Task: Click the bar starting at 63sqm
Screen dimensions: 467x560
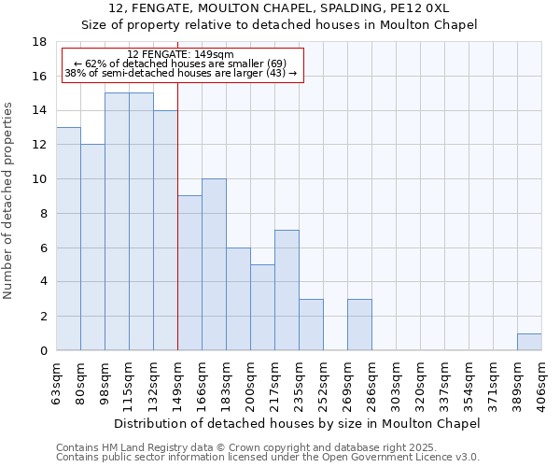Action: click(x=68, y=239)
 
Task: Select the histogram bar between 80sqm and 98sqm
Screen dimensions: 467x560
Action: click(x=92, y=248)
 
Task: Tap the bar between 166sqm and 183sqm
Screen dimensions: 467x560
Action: click(x=214, y=264)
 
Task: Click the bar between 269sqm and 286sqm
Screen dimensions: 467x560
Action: click(x=359, y=325)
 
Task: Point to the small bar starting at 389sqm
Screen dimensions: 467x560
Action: click(x=529, y=342)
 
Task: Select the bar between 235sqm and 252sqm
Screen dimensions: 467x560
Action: click(x=311, y=325)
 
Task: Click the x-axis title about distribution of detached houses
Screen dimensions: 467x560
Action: click(x=299, y=423)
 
